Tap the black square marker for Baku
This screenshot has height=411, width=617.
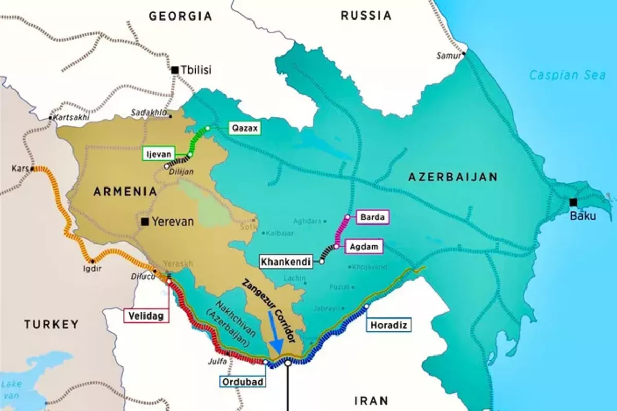tap(573, 202)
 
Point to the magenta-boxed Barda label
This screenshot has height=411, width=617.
tap(372, 217)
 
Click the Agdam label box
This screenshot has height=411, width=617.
tap(366, 247)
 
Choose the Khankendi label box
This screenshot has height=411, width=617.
tap(286, 261)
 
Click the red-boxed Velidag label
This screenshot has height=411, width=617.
tap(146, 316)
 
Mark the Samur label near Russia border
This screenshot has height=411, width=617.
tap(447, 55)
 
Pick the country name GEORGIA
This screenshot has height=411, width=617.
tap(180, 16)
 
